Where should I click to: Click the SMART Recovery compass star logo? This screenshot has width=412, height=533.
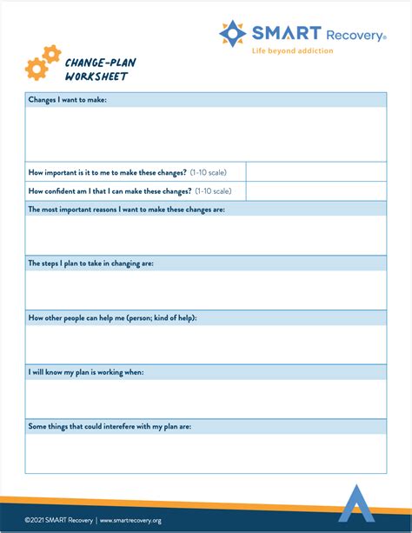[x=233, y=34]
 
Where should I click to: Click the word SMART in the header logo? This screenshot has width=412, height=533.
[x=274, y=34]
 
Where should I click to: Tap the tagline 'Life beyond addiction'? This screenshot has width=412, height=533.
[x=293, y=51]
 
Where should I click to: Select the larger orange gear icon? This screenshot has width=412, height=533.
[x=36, y=68]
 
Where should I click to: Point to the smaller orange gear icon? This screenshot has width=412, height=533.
[x=52, y=54]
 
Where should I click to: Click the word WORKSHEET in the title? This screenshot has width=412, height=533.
[x=96, y=77]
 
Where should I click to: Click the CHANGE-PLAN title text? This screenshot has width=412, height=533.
[x=100, y=62]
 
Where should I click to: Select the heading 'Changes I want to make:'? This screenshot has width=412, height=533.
[x=68, y=100]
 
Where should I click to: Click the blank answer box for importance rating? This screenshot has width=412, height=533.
[x=316, y=171]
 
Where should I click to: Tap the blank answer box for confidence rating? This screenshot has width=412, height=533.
[x=316, y=191]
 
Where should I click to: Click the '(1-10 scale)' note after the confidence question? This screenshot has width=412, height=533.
[x=213, y=191]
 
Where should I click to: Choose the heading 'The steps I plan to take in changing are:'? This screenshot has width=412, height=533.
[x=91, y=263]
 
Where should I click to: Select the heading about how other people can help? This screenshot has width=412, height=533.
[x=113, y=317]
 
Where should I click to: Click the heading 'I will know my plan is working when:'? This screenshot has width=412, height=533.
[x=86, y=372]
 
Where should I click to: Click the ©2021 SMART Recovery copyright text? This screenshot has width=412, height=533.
[x=58, y=520]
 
